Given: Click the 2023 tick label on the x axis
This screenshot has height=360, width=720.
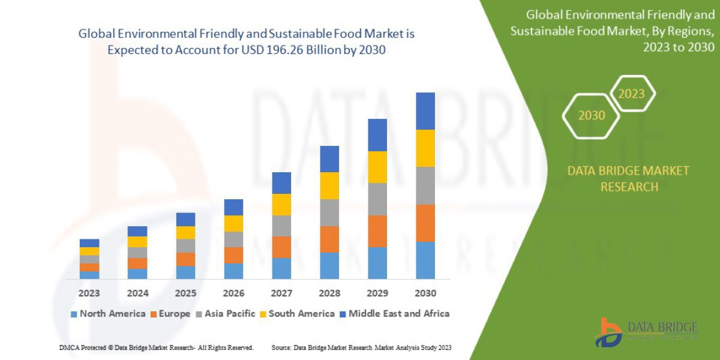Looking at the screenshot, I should coord(89,293).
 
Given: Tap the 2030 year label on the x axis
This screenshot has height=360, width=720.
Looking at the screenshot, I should coord(425,293).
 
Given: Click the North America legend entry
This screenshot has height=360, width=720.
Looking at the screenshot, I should coord(108,314).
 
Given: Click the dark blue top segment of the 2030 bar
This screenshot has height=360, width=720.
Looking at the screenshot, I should coord(425,111).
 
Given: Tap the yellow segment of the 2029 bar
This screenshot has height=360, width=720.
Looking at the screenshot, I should coord(377,167).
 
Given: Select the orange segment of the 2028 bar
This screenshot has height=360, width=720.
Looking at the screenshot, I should coord(329,239).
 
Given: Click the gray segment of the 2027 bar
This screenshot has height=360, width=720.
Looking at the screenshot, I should coord(281,226).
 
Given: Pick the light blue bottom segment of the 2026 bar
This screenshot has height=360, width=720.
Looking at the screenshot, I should coord(233,271).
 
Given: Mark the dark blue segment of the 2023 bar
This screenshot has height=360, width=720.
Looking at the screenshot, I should coord(89,243).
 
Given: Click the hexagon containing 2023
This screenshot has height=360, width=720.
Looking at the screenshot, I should coord(631,94).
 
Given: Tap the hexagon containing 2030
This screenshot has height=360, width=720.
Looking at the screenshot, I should coord(592,115).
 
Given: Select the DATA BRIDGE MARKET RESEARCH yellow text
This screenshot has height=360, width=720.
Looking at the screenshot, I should coord(628,179).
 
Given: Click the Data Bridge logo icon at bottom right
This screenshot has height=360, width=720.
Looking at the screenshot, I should coord(608,332).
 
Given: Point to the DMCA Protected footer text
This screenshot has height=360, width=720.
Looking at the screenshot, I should coord(156,348).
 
